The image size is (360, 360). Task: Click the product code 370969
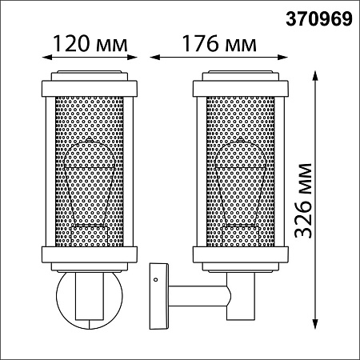click(x=319, y=19)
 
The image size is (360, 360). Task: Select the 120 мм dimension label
click(x=90, y=43)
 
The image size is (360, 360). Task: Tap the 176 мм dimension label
click(x=219, y=43)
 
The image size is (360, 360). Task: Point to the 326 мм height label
click(x=303, y=200)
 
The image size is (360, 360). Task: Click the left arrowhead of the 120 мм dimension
click(x=46, y=57)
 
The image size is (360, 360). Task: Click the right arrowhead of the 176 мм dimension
click(x=283, y=57)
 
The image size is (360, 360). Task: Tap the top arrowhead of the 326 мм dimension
click(x=315, y=76)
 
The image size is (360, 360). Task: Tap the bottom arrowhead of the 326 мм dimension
click(x=315, y=325)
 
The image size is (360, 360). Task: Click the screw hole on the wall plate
click(x=155, y=279)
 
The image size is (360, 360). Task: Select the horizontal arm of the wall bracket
click(x=198, y=296)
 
